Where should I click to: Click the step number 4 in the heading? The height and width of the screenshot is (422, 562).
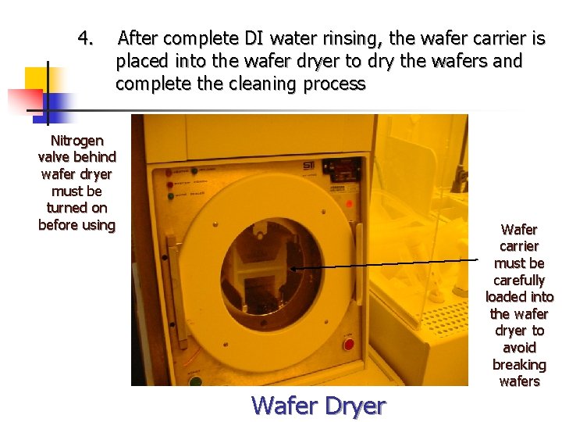[86, 38]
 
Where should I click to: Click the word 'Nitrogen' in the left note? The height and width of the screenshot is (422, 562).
[76, 141]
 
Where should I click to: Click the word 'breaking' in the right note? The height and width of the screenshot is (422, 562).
[519, 365]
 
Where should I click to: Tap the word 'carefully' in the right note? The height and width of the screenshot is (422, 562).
[519, 280]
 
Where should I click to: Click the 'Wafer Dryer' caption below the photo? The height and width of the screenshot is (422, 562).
[318, 406]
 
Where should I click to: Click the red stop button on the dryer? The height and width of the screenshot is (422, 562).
[348, 345]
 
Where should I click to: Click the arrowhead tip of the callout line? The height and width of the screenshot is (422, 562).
[291, 268]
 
